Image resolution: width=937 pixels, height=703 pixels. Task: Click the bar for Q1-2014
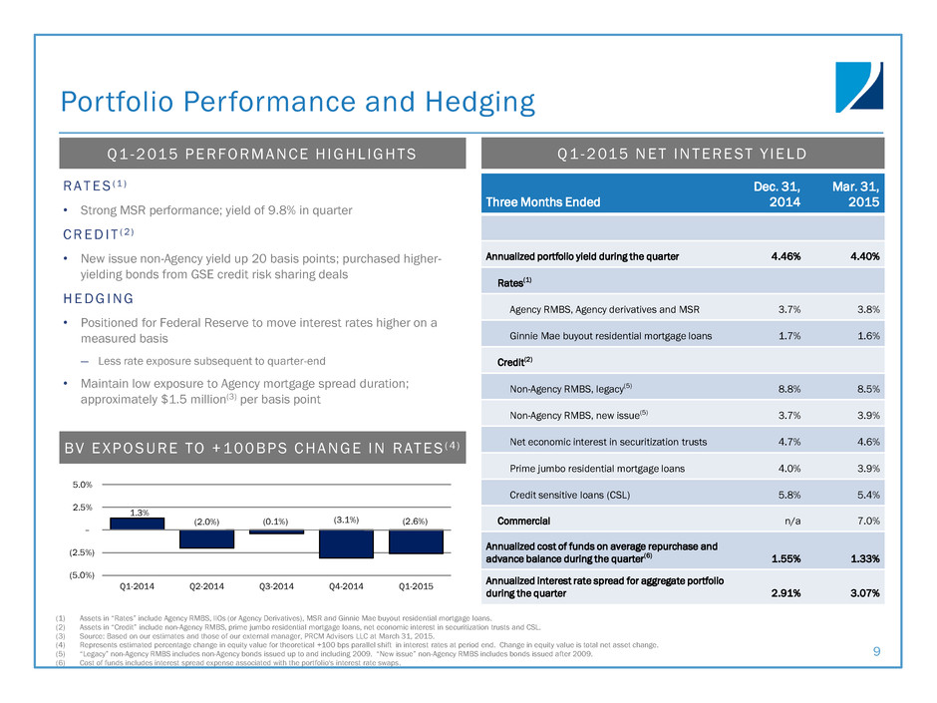click(138, 524)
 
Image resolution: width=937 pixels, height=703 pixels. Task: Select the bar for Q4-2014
click(346, 543)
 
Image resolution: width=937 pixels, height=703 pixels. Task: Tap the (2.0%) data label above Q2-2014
click(206, 520)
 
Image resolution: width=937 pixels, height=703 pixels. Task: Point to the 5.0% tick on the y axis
click(82, 486)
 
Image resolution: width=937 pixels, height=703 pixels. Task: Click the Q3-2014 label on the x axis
click(277, 586)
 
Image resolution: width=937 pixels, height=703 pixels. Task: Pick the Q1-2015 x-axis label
click(416, 586)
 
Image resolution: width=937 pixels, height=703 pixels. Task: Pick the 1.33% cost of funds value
click(858, 557)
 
